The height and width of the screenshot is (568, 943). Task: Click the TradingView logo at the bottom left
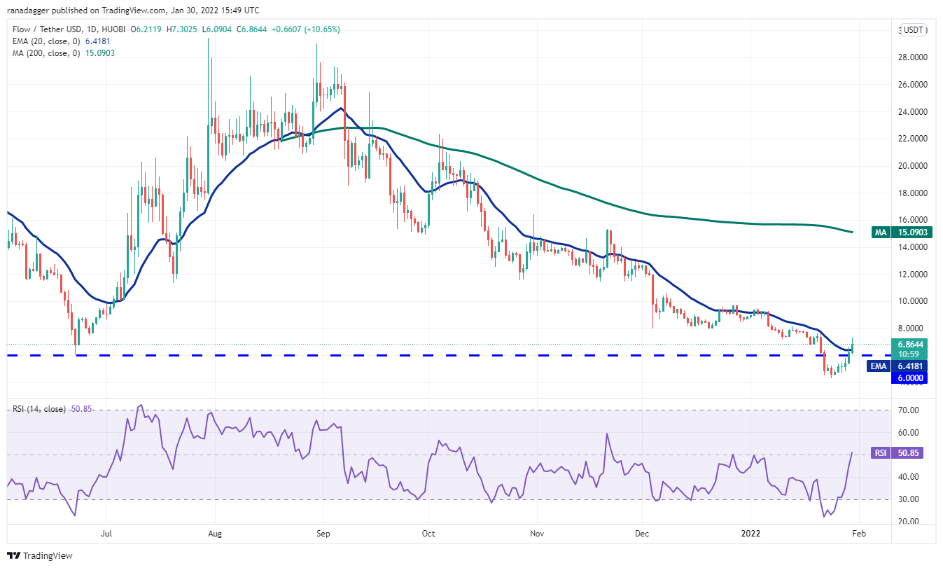[x=40, y=555]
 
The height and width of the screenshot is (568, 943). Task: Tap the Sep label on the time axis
[x=323, y=534]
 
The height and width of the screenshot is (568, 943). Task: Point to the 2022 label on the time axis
[x=750, y=534]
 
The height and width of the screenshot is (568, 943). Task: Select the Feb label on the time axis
[x=859, y=534]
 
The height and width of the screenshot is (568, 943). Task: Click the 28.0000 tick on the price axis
[x=913, y=57]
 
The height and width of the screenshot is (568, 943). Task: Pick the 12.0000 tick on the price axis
[x=913, y=274]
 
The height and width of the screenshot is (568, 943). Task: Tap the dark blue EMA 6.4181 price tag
[x=897, y=366]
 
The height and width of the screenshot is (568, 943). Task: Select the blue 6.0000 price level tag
[x=909, y=377]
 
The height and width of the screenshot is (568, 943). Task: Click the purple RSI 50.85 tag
[x=897, y=453]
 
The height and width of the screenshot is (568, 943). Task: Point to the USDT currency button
[x=914, y=30]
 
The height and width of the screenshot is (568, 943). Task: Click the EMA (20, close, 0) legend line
[x=61, y=41]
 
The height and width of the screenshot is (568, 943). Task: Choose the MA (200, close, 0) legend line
[x=63, y=53]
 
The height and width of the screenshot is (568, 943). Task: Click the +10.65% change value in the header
[x=323, y=29]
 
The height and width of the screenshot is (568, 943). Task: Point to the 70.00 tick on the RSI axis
[x=908, y=410]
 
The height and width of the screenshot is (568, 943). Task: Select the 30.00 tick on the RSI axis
[x=908, y=499]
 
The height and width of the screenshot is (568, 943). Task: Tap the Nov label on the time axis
[x=537, y=534]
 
